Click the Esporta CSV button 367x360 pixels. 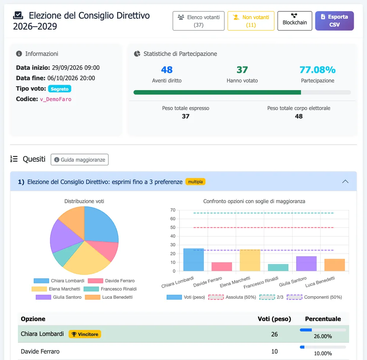click(334, 21)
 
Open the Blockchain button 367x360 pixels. click(295, 21)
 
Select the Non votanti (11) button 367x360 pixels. click(251, 21)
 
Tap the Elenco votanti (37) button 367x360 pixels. click(199, 21)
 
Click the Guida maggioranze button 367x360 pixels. click(80, 159)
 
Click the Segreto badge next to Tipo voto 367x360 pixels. click(60, 89)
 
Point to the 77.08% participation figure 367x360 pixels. click(317, 70)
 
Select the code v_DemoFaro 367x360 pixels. click(56, 99)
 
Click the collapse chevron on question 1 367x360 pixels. click(345, 181)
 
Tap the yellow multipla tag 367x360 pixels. click(196, 181)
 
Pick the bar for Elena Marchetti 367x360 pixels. click(250, 260)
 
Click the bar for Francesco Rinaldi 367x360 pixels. click(278, 268)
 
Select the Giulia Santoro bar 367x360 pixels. click(306, 264)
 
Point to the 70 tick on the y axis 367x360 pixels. click(173, 210)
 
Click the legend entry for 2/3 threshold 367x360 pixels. click(272, 297)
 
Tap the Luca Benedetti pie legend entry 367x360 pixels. click(109, 297)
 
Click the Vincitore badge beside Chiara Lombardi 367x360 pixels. click(85, 334)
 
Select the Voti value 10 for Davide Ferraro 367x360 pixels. click(274, 351)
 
